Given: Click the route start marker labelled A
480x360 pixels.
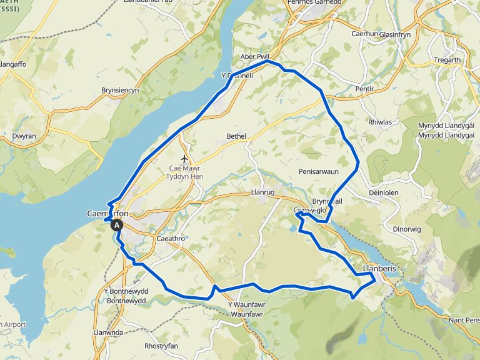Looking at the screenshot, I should (x=117, y=226).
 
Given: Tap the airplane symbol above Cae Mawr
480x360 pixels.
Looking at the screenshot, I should (x=184, y=158).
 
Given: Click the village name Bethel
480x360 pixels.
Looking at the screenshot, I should (x=237, y=136).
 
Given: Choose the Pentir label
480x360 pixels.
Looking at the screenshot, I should (x=364, y=89).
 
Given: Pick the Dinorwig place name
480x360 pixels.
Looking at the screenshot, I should (x=407, y=229).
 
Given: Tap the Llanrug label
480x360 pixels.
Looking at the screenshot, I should (x=262, y=193).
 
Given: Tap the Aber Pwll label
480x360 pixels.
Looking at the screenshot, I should (x=254, y=57).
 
